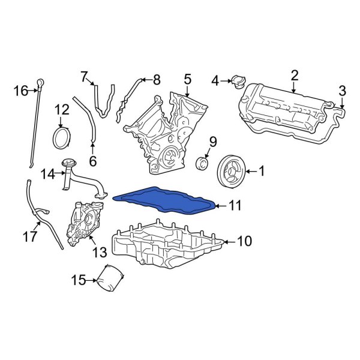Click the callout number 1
(x=261, y=172)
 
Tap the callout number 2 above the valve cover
(x=295, y=75)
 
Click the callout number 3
(x=342, y=91)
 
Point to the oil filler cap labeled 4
(x=235, y=80)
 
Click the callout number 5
(x=187, y=79)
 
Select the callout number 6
(x=92, y=160)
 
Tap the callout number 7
(x=84, y=76)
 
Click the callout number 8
(x=157, y=79)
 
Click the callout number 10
(x=245, y=241)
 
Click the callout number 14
(x=48, y=174)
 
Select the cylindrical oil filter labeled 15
(x=110, y=278)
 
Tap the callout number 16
(x=20, y=91)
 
